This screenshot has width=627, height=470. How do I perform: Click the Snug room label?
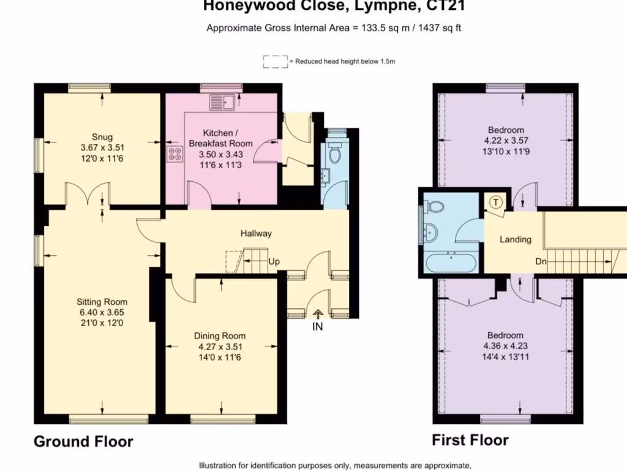click(x=102, y=137)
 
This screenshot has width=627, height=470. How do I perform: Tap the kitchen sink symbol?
click(x=223, y=102)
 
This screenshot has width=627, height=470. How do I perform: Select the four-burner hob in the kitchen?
click(x=175, y=154)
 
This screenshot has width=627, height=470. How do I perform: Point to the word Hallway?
click(x=256, y=233)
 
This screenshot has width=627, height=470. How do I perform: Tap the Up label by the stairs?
click(x=274, y=262)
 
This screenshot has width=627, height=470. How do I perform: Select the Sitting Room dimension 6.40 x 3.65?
click(x=102, y=312)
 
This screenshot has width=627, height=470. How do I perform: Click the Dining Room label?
click(x=220, y=336)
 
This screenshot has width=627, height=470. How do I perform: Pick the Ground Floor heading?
click(x=83, y=442)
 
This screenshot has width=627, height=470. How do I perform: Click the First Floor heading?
click(x=470, y=440)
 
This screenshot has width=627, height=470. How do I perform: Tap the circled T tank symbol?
click(x=496, y=202)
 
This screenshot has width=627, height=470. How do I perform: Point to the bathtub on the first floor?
click(x=451, y=262)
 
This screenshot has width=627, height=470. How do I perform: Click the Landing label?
click(x=516, y=239)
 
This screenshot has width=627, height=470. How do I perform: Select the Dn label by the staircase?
click(x=541, y=261)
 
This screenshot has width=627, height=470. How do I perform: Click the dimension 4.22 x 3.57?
click(x=506, y=140)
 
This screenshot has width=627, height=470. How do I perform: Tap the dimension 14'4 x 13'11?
click(x=505, y=357)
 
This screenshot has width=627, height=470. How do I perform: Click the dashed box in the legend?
click(x=275, y=62)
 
